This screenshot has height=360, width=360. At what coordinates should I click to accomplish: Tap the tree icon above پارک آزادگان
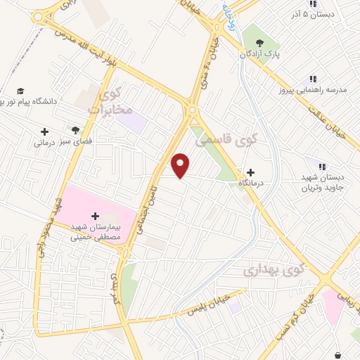(x=269, y=42)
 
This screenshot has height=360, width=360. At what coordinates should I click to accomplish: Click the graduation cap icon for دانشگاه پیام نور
(x=20, y=91)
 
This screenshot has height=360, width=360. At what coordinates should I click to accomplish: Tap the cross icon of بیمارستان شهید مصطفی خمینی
(x=96, y=216)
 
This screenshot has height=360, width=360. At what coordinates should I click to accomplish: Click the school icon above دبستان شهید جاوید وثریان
(x=321, y=167)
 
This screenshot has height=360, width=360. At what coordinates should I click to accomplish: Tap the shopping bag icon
(x=337, y=355)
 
